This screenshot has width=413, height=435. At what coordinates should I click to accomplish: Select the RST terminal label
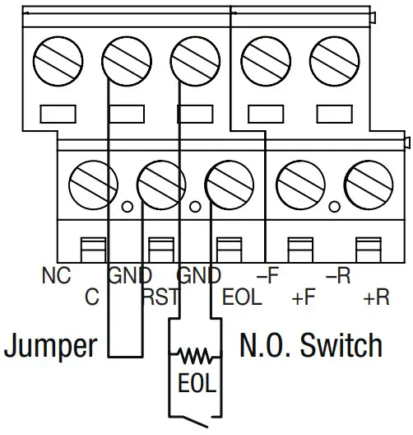tap(160, 297)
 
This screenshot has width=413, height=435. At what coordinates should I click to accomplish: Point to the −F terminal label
tap(267, 276)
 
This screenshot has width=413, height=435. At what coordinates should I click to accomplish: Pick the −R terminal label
tap(336, 276)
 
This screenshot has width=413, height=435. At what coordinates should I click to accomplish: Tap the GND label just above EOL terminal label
tap(198, 276)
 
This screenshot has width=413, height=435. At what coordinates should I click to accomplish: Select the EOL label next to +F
tap(242, 297)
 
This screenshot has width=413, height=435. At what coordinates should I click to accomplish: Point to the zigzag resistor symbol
tap(195, 356)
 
